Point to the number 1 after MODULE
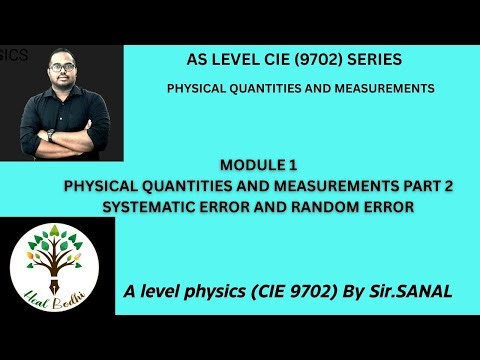click(x=293, y=164)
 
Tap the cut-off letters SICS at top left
click(x=14, y=56)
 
